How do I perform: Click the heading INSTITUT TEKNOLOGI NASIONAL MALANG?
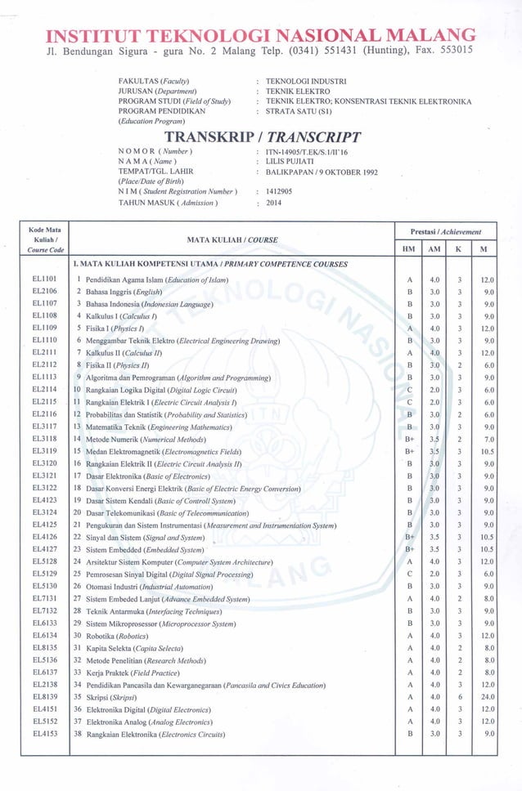[261, 36]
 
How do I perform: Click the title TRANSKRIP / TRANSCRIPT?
[263, 136]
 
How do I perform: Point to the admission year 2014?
[274, 203]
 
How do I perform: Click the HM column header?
[409, 248]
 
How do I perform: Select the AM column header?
[435, 248]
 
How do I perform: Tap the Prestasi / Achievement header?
[447, 232]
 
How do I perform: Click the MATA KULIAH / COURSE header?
[233, 240]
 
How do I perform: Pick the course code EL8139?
[44, 697]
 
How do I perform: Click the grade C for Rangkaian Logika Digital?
[409, 390]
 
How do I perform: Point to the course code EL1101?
[44, 279]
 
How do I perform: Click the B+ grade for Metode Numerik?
[409, 439]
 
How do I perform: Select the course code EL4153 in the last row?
[44, 734]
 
